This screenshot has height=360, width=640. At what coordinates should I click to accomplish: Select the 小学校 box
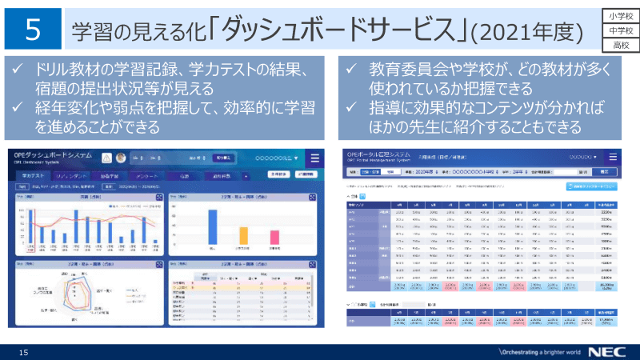coord(618,15)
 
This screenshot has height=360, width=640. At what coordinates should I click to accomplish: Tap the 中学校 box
coord(618,30)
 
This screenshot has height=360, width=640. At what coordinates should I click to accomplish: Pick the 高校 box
coord(618,46)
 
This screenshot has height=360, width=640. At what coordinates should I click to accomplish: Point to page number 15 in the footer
coord(23,352)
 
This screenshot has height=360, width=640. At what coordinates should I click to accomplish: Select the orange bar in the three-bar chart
coord(242,235)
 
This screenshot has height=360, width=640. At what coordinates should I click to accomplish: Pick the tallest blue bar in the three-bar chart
coord(213,226)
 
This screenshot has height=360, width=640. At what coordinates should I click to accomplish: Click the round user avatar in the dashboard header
coord(121,158)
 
